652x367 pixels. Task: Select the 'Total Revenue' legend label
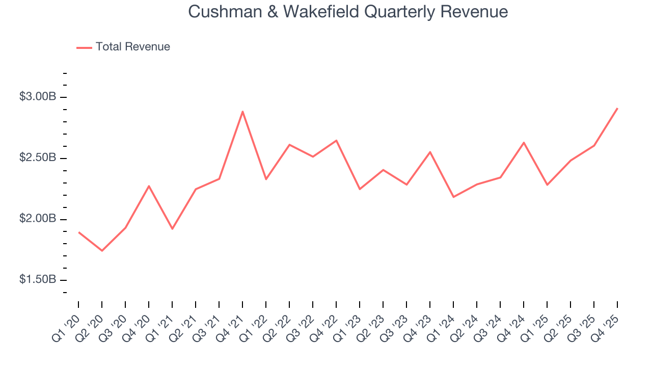(132, 47)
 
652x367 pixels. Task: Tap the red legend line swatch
(84, 47)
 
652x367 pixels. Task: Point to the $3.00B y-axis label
(37, 97)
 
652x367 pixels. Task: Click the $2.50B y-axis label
(37, 158)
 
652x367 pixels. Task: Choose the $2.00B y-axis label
(37, 219)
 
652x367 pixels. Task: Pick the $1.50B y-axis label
(37, 280)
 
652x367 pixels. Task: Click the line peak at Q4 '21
(242, 111)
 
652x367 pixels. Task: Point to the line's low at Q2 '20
(102, 251)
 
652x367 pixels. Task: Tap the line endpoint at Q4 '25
(617, 108)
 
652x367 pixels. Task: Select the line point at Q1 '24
(453, 197)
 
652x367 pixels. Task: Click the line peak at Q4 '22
(336, 140)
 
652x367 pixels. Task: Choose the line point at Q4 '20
(149, 186)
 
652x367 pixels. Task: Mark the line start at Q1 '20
(78, 232)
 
